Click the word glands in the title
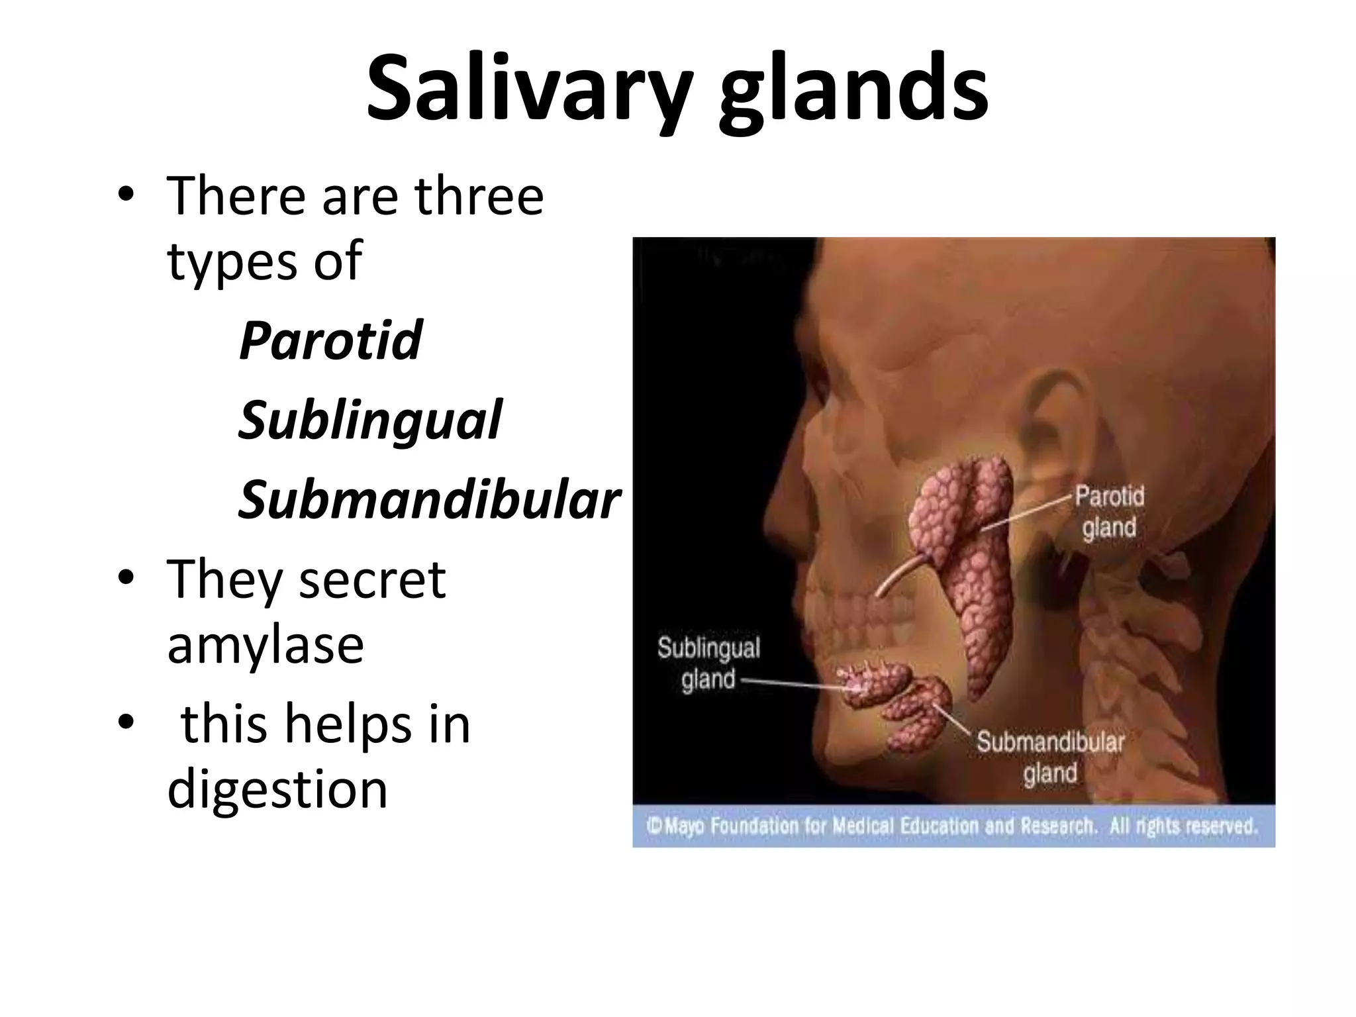click(x=853, y=88)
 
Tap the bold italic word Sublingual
click(x=370, y=420)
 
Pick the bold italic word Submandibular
click(x=429, y=499)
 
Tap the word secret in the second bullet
click(x=373, y=579)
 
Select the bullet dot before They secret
click(x=125, y=579)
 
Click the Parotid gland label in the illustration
click(x=1109, y=512)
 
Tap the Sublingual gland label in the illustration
click(x=708, y=663)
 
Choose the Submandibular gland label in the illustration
click(x=1051, y=757)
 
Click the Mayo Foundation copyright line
click(x=952, y=826)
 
